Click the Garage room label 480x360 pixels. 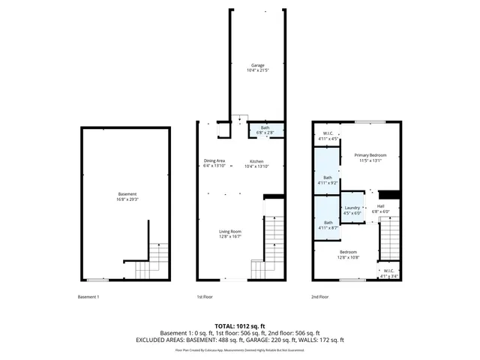click(x=257, y=66)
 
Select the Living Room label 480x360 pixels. click(x=229, y=231)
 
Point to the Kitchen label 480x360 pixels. click(x=256, y=161)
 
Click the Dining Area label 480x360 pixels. click(x=214, y=161)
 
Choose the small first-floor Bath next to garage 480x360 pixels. click(x=265, y=128)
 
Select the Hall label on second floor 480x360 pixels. click(x=380, y=208)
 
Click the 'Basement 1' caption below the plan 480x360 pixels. click(x=88, y=297)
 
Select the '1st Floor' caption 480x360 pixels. click(x=205, y=297)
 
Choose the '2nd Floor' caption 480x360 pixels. click(x=320, y=297)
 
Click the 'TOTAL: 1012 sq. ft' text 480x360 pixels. click(x=239, y=326)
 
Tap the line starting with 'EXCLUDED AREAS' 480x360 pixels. click(x=239, y=340)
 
